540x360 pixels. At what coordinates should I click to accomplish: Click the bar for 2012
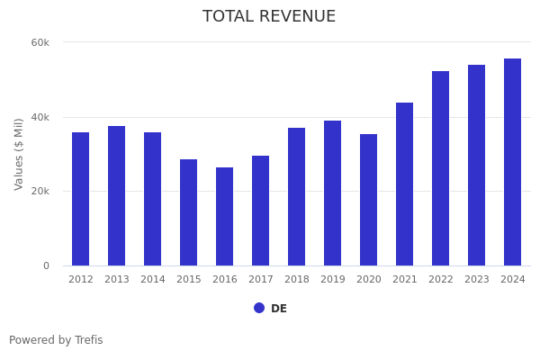(80, 199)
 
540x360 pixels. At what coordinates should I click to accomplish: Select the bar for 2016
(224, 216)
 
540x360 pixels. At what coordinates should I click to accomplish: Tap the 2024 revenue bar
(512, 162)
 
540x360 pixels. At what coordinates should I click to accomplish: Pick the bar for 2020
(368, 200)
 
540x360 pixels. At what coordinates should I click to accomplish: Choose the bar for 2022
(440, 168)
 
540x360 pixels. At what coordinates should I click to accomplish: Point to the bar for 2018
(296, 196)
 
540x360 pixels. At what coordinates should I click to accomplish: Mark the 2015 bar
(188, 212)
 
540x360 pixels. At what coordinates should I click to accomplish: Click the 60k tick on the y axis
(40, 42)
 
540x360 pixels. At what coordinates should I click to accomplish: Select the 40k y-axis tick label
(40, 117)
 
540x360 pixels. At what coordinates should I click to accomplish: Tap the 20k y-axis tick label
(40, 192)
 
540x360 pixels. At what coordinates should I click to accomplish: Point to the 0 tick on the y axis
(46, 265)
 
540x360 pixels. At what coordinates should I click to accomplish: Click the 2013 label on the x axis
(116, 280)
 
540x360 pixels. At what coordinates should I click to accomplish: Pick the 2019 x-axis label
(332, 280)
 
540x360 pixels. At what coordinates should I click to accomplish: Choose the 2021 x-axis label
(404, 280)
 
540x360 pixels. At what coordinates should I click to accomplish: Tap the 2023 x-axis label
(476, 280)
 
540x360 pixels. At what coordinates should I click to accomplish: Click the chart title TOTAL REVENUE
(269, 17)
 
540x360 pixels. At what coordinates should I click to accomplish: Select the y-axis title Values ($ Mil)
(19, 154)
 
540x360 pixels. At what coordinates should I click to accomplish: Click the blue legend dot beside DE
(259, 308)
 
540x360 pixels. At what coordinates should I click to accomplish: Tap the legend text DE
(279, 309)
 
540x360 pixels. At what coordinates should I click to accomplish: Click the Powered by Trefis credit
(56, 340)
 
